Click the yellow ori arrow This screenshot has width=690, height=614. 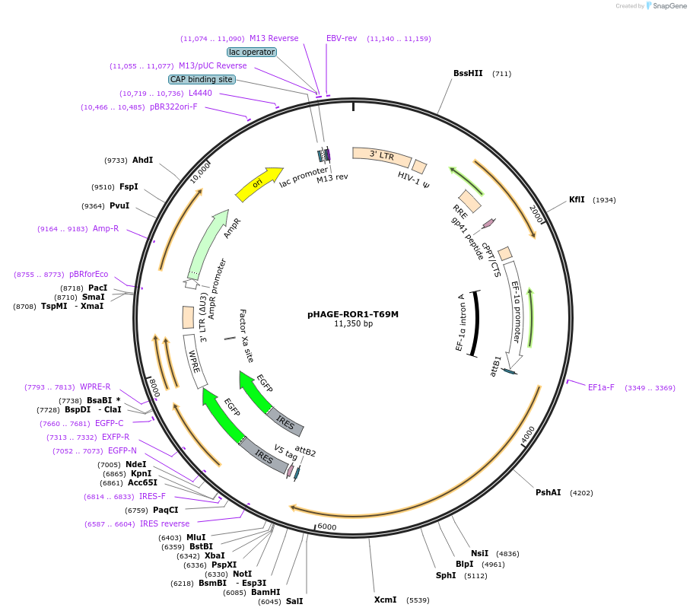tap(258, 184)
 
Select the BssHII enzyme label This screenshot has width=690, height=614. tap(468, 74)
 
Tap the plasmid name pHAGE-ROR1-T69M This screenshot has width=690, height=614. tap(353, 313)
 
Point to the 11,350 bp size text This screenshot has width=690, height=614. tap(353, 324)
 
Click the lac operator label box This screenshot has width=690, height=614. tap(251, 52)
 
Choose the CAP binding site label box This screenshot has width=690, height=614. tap(202, 79)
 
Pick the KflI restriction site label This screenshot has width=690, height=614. tap(577, 200)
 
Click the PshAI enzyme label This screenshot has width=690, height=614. tap(548, 493)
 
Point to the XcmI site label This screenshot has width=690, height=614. tap(385, 600)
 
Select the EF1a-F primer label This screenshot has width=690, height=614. tap(601, 388)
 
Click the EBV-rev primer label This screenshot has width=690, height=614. tap(342, 38)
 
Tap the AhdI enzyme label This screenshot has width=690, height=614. tap(142, 161)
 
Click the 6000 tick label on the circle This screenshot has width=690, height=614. tap(326, 527)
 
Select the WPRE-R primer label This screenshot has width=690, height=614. tap(95, 387)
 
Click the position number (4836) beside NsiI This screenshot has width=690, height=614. tap(507, 554)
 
